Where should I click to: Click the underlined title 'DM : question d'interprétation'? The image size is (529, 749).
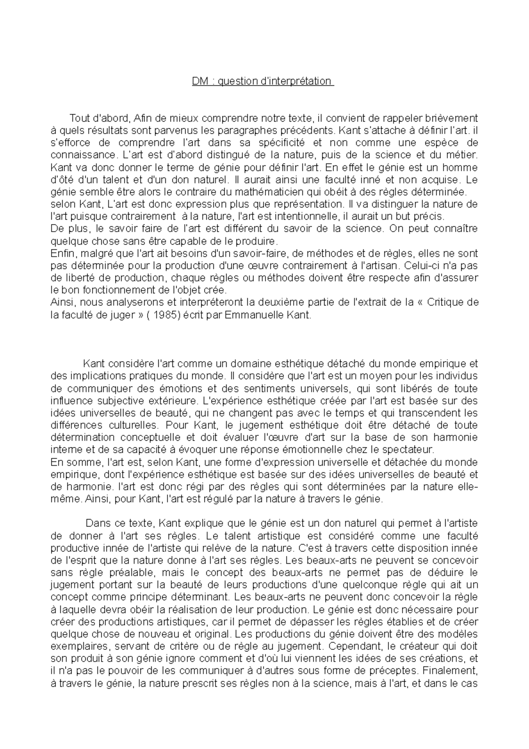point(263,81)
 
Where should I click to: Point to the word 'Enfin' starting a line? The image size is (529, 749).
point(60,253)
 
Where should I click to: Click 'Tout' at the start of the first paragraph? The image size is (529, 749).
point(78,118)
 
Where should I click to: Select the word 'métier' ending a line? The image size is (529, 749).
point(464,155)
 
